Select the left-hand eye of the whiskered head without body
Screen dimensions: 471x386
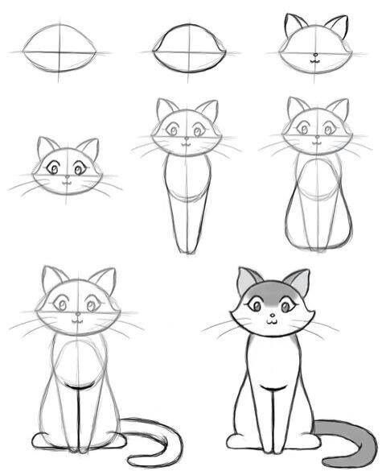pyautogui.click(x=55, y=169)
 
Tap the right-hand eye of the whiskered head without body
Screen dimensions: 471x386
pyautogui.click(x=79, y=169)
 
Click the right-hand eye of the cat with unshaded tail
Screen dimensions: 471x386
pyautogui.click(x=91, y=304)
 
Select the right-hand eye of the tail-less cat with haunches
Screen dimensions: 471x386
pyautogui.click(x=330, y=129)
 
